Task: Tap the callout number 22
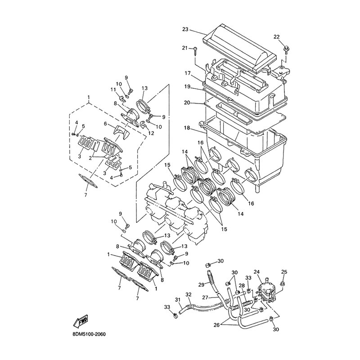tap(277, 36)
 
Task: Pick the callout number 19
tap(187, 86)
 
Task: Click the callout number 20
tap(187, 103)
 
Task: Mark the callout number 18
tap(187, 128)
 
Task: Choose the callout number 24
tap(257, 271)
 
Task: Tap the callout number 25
tap(284, 271)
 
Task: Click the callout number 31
tap(178, 301)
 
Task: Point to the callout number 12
tap(151, 134)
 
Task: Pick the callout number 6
tap(105, 124)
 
